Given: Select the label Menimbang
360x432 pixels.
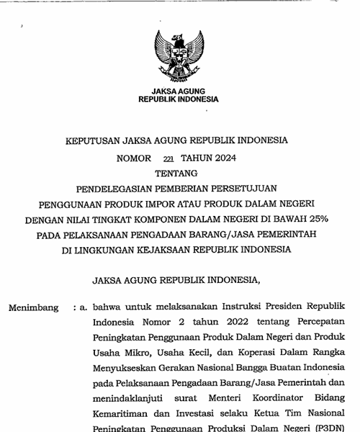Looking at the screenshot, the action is tap(34, 307).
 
